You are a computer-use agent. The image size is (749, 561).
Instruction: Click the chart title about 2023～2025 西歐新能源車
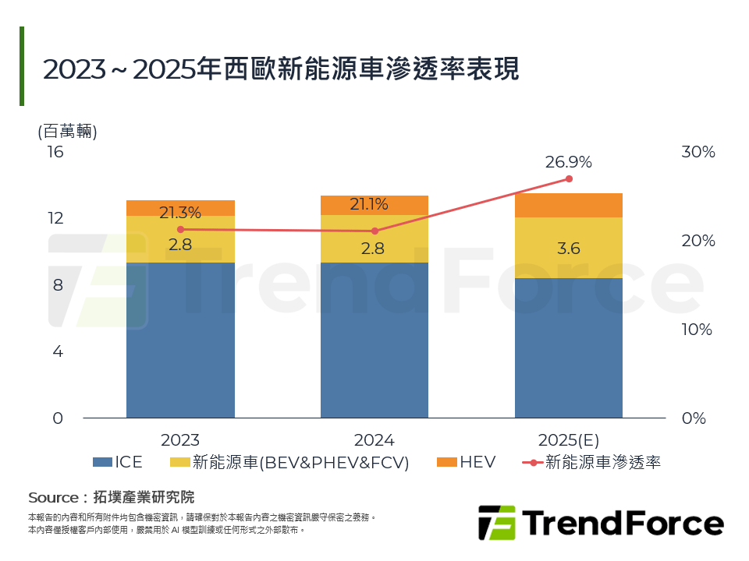(280, 69)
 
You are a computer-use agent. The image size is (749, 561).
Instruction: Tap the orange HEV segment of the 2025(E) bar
(568, 205)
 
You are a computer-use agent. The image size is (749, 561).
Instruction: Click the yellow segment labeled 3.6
(568, 249)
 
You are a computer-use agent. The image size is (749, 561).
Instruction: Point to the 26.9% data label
(568, 162)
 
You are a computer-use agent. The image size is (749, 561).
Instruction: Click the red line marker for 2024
(374, 231)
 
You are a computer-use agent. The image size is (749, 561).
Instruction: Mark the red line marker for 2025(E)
(569, 179)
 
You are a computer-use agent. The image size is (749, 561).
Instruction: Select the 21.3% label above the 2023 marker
(180, 212)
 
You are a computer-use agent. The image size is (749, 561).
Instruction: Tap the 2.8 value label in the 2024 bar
(374, 249)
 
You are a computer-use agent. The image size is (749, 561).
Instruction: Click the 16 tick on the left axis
(55, 152)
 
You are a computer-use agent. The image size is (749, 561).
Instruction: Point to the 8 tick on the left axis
(58, 285)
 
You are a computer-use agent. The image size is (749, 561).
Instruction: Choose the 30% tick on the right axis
(698, 152)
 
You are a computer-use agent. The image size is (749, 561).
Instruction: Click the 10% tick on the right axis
(697, 330)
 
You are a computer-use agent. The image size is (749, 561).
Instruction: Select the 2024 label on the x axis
(374, 439)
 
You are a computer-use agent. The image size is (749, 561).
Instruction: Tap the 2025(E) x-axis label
(568, 439)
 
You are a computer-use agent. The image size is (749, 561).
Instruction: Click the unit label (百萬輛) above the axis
(67, 131)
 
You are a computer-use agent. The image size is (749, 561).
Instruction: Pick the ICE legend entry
(118, 462)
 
